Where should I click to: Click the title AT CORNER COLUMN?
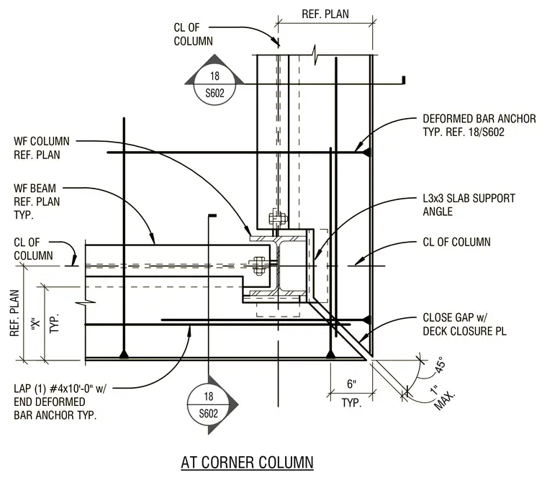tap(247, 463)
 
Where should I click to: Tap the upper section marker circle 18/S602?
tap(214, 84)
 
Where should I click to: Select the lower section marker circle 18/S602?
tap(208, 405)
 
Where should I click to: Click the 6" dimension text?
tap(352, 384)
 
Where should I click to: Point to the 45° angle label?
tap(440, 366)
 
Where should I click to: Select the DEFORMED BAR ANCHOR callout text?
tap(479, 126)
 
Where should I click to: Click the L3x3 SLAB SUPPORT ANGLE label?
tap(469, 205)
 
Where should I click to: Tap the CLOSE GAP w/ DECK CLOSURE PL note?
tap(464, 324)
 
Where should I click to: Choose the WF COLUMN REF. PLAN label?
tap(42, 148)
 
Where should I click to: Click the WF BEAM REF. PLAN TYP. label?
tap(37, 201)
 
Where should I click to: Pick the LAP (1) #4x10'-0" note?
tap(60, 402)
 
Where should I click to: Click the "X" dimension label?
tap(35, 324)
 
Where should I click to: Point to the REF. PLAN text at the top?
tap(325, 14)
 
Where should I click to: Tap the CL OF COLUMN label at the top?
tap(194, 35)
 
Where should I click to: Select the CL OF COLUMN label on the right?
tap(456, 242)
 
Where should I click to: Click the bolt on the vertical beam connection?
tap(277, 219)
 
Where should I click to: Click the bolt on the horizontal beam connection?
tap(258, 266)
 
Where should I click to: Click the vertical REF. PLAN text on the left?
tap(14, 313)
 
